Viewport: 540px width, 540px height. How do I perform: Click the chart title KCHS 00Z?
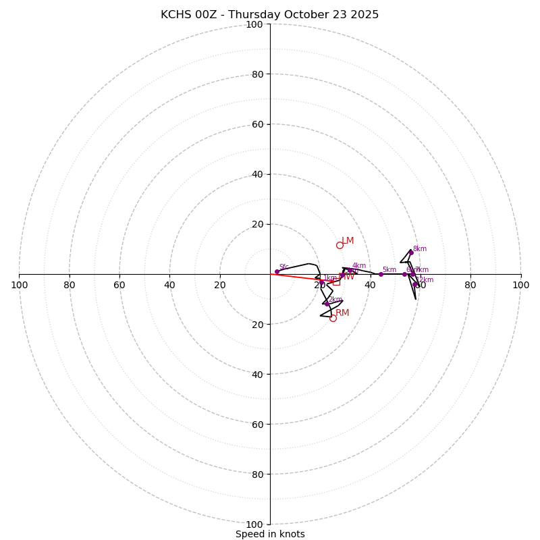269,15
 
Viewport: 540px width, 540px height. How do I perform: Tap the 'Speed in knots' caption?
270,534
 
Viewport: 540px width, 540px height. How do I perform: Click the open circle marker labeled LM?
340,245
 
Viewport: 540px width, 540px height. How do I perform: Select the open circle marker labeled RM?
333,318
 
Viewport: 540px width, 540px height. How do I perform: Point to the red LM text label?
348,241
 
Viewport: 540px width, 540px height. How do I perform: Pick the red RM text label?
342,313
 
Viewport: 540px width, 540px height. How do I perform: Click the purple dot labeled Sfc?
277,271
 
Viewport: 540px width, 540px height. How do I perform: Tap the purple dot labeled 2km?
327,304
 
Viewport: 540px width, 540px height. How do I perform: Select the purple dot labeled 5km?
381,274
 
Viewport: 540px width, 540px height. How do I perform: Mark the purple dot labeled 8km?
410,252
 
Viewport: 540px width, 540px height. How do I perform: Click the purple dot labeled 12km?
414,284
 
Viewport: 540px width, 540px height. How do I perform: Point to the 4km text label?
359,266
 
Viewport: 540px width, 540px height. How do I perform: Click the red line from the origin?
297,277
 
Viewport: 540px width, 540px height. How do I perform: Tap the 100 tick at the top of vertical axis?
254,24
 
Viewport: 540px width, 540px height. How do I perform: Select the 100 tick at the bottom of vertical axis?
254,524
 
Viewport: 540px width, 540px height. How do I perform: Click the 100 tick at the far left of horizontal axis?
19,285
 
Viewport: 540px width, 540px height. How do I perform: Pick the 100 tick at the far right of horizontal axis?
520,285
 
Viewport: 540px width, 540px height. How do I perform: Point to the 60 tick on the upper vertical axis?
257,124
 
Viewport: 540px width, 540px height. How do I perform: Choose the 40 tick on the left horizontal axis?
169,285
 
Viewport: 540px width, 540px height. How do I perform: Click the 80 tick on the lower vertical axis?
257,475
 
